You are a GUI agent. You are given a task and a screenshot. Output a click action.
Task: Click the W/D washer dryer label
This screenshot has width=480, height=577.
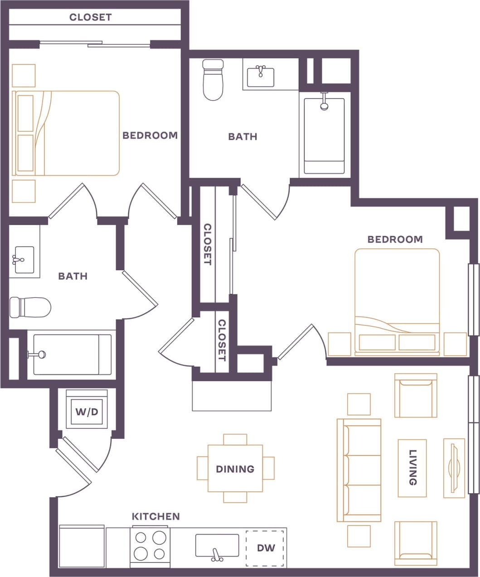pyautogui.click(x=87, y=412)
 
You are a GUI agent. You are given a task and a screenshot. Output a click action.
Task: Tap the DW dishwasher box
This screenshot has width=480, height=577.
pyautogui.click(x=266, y=548)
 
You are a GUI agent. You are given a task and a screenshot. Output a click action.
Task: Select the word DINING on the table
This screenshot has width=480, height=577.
pyautogui.click(x=235, y=469)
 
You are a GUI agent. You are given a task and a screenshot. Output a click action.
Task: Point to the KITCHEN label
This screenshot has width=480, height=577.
pyautogui.click(x=155, y=516)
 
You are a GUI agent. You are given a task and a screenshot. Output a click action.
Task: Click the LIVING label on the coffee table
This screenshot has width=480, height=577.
pyautogui.click(x=412, y=467)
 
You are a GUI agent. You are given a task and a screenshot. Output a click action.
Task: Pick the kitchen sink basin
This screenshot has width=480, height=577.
pyautogui.click(x=217, y=545)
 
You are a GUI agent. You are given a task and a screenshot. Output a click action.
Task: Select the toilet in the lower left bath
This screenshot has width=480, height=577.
pyautogui.click(x=30, y=307)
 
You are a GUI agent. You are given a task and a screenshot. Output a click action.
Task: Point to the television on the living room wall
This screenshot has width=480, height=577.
pyautogui.click(x=454, y=467)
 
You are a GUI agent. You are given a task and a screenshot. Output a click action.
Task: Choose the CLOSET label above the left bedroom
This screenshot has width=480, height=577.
pyautogui.click(x=90, y=17)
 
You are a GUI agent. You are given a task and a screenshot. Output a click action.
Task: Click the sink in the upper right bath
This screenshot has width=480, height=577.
pyautogui.click(x=261, y=76)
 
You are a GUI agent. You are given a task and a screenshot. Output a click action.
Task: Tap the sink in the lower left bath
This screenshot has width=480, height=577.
pyautogui.click(x=24, y=260)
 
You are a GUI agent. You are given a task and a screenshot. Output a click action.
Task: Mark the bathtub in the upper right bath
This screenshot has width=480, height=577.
pyautogui.click(x=324, y=135)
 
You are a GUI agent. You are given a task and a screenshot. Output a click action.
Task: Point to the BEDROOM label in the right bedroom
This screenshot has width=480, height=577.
pyautogui.click(x=395, y=239)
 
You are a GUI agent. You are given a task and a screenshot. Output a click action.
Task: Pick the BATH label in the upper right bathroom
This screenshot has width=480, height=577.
pyautogui.click(x=242, y=136)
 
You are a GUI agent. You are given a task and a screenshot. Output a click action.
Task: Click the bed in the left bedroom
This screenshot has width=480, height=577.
pyautogui.click(x=67, y=133)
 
